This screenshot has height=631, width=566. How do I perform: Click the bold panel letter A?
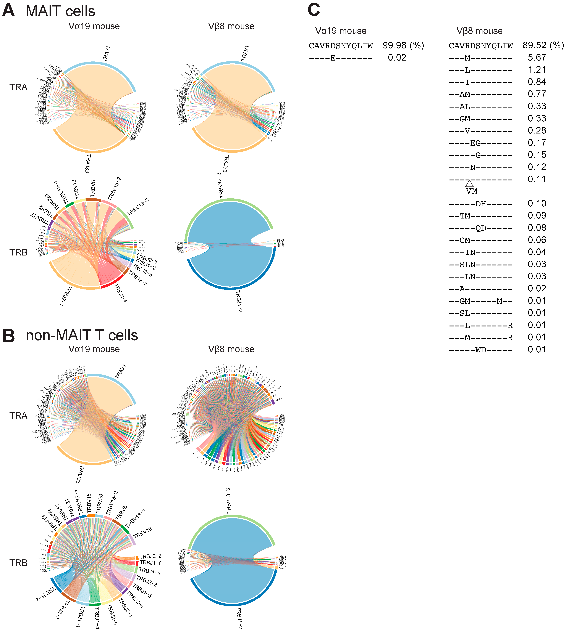[8, 10]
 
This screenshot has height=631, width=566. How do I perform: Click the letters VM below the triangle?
[471, 191]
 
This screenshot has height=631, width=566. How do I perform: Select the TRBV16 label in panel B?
[142, 533]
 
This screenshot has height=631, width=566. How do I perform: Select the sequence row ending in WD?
[480, 350]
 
